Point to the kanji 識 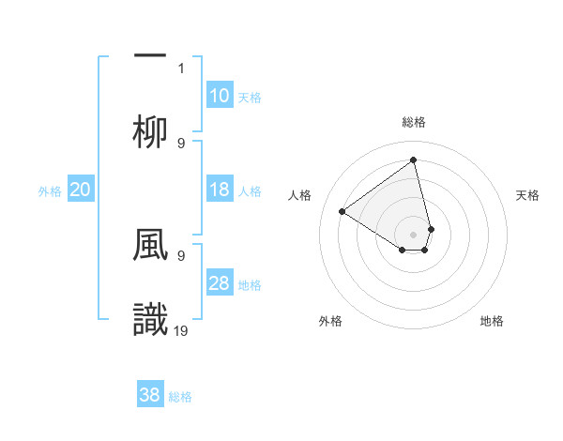coord(150,319)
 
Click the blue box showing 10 coord(219,96)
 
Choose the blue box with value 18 coord(219,190)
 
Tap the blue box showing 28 coord(219,283)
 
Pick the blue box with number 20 coord(80,190)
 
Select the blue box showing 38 coord(150,395)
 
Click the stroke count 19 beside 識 coord(182,329)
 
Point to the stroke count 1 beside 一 coord(181,68)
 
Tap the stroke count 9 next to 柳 coord(181,143)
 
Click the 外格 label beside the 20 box coord(50,191)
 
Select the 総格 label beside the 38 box coord(180,397)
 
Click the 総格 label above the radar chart coord(413,122)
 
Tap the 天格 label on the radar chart coord(527,195)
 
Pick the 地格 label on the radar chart coord(492,321)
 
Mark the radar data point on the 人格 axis coord(342,211)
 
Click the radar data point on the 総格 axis coord(413,160)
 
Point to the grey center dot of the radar coord(413,234)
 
